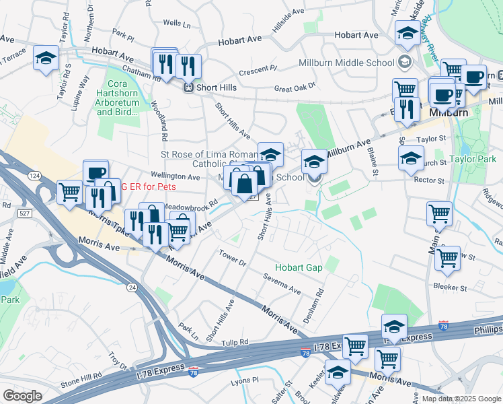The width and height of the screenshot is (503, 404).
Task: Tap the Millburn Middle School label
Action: (x=346, y=63)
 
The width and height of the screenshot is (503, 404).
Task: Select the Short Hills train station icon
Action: (x=190, y=86)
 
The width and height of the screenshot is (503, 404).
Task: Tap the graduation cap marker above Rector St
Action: (x=411, y=159)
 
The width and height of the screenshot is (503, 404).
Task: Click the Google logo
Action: (x=23, y=395)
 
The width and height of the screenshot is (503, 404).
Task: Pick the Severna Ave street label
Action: (x=282, y=283)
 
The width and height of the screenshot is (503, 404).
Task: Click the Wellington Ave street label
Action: (x=174, y=177)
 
